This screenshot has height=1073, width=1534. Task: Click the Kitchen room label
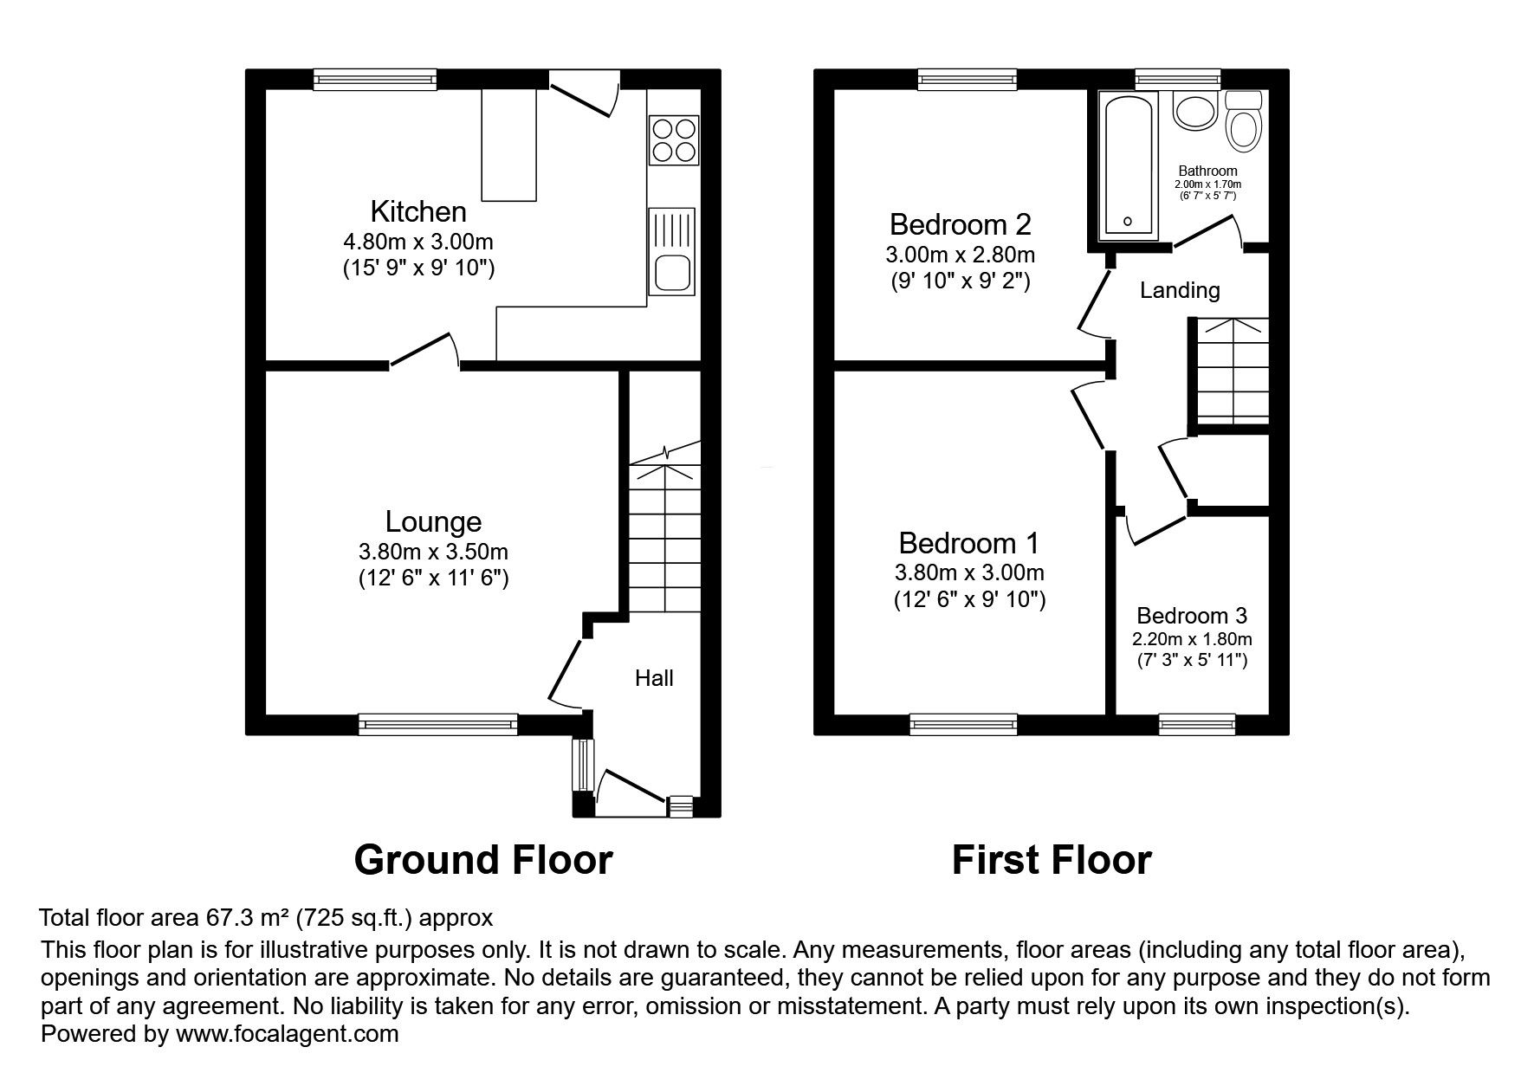[418, 211]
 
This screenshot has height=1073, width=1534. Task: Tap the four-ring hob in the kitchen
[673, 140]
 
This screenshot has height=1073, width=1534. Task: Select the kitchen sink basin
[672, 274]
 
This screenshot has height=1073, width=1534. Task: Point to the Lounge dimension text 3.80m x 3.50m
[433, 552]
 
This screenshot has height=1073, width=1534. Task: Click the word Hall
[654, 678]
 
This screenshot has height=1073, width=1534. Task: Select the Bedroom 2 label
[961, 225]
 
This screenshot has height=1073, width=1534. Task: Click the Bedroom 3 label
[1192, 616]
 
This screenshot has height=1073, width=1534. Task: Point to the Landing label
[1180, 290]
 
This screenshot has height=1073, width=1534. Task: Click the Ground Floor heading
[483, 860]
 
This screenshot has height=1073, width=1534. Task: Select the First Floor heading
[1052, 860]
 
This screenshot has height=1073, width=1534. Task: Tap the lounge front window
[438, 724]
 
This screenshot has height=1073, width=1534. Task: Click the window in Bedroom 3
[1198, 724]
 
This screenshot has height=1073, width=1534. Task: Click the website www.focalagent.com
[287, 1033]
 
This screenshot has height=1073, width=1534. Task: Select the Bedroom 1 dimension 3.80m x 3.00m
[969, 572]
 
